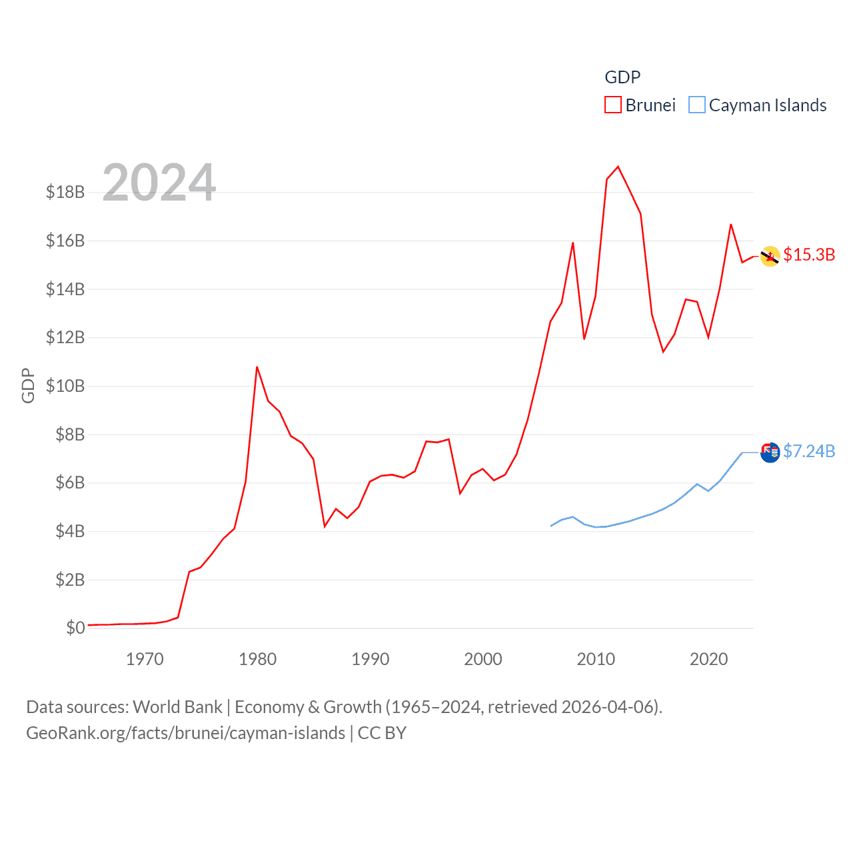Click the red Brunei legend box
613,105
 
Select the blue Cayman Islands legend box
697,105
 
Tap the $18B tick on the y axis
65,193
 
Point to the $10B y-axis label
65,386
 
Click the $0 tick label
75,628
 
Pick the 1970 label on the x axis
145,660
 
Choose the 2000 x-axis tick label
483,660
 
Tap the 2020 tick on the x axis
708,660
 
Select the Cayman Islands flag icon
770,452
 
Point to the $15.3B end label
809,255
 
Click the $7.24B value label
809,452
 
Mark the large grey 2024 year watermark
159,183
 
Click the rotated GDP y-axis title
28,386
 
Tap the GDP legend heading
622,77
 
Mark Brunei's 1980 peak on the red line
257,367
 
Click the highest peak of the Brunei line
618,167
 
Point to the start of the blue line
551,526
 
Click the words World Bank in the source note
178,707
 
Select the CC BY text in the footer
382,734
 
